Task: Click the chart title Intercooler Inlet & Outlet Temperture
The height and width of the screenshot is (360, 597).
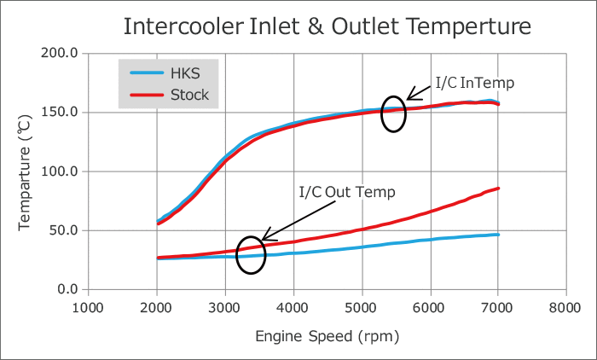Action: [327, 26]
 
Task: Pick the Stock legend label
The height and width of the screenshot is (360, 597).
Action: [188, 94]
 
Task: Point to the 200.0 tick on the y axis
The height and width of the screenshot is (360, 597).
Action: [60, 53]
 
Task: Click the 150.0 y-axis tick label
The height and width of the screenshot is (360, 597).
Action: [60, 112]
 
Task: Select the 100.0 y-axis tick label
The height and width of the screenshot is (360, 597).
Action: [60, 171]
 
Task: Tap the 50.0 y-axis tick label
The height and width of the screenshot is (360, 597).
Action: [63, 230]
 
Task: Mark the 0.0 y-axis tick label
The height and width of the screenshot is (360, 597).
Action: [67, 289]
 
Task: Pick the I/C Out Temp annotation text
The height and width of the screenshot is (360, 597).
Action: [346, 192]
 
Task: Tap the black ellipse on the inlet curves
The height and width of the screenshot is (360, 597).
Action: [393, 113]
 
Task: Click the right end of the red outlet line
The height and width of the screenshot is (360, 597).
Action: [497, 189]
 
